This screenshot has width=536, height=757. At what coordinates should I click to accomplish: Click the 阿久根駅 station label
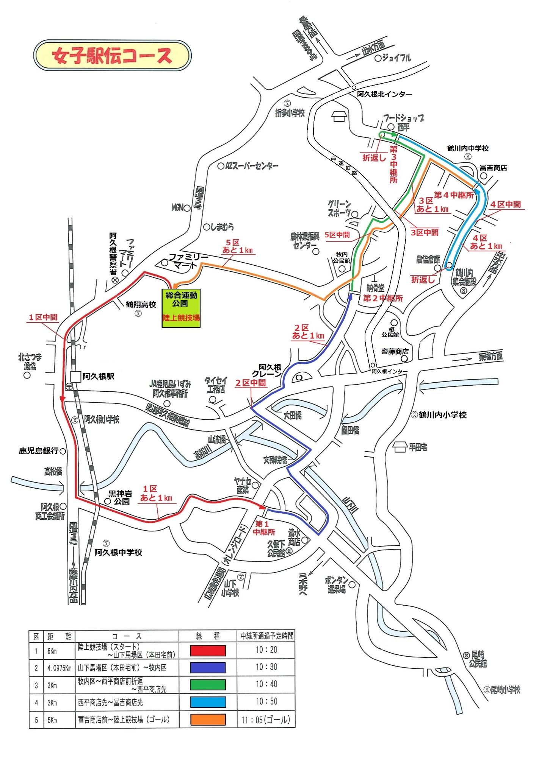click(98, 376)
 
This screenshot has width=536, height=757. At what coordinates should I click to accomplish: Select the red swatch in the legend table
click(208, 651)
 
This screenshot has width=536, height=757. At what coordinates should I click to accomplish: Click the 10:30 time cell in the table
click(266, 667)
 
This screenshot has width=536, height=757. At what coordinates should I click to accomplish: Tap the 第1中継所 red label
click(265, 528)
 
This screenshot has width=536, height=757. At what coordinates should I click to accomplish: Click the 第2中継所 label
click(382, 298)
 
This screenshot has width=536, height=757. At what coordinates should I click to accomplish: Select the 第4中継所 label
click(453, 195)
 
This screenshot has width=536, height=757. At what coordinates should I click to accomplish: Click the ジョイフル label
click(396, 58)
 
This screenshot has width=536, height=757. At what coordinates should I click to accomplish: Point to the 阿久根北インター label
click(384, 94)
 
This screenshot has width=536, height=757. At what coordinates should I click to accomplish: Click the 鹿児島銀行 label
click(39, 451)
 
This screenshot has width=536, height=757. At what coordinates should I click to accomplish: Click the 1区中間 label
click(43, 317)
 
